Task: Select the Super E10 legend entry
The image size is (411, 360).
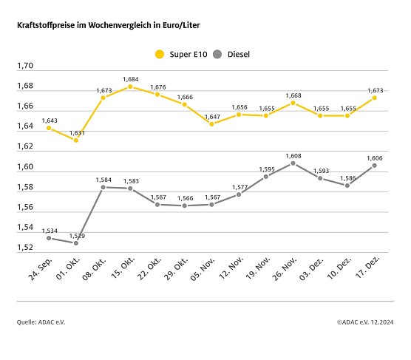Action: pos(181,54)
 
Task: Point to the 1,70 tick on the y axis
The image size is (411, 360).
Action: pos(26,67)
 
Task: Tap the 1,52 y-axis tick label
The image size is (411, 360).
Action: pos(26,248)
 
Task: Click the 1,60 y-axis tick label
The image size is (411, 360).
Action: pos(26,167)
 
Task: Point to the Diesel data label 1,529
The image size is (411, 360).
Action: pos(76,235)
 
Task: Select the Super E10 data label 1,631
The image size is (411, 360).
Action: pos(76,132)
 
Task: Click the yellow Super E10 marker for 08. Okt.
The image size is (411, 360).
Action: pos(103,98)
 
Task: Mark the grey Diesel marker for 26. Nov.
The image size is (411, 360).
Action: pos(293,163)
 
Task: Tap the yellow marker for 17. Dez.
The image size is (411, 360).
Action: pos(374,98)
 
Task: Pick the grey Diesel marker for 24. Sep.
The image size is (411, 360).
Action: pos(49,238)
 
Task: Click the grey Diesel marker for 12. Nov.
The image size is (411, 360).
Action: pos(239,194)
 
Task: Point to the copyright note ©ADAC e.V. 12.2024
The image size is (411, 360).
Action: pos(364,322)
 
